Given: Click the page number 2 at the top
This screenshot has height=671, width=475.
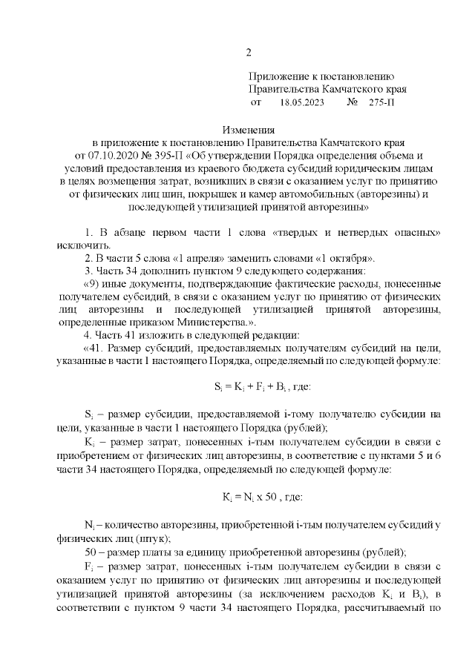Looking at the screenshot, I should (x=249, y=53).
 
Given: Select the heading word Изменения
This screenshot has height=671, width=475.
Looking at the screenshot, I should (x=249, y=130).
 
